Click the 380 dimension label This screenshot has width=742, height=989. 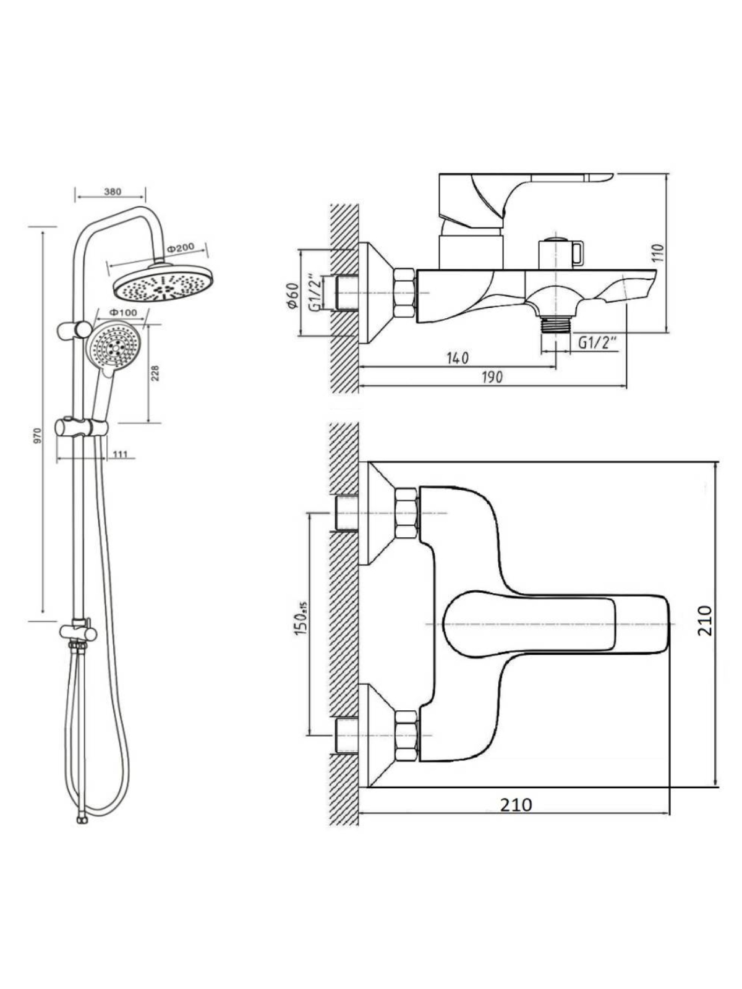point(113,192)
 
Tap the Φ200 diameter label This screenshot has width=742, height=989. point(180,248)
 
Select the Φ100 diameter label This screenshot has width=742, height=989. point(124,312)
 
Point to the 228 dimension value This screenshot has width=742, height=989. point(155,373)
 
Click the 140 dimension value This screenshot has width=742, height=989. point(458,358)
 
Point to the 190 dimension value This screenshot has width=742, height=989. point(492,377)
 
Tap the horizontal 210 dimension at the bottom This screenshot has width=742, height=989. point(516,805)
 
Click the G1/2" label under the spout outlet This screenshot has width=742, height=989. point(598,342)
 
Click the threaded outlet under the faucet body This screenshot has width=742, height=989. point(555,324)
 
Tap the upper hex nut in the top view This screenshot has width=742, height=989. point(406,513)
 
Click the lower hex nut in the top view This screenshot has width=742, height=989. point(406,736)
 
